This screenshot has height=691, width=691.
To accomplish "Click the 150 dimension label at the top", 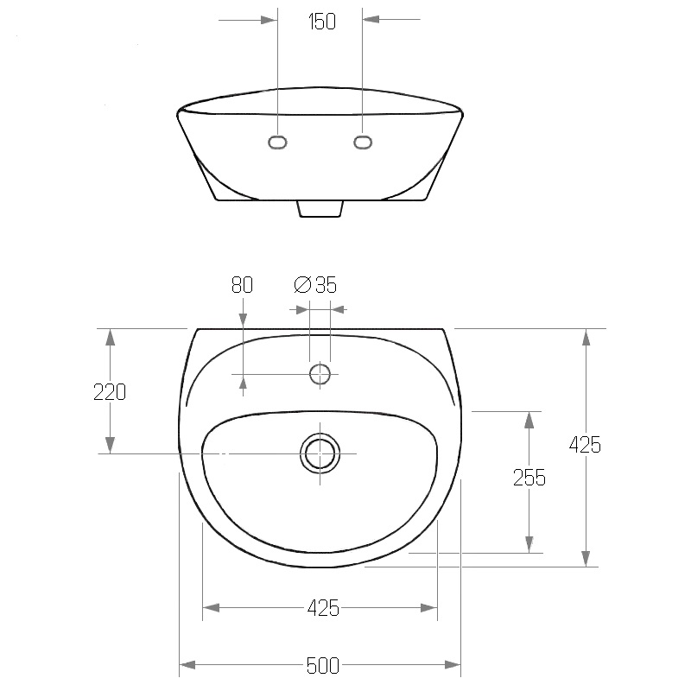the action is click(x=322, y=22).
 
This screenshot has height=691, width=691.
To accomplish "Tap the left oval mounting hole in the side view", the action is click(x=277, y=143).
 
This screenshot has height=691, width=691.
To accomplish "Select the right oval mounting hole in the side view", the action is click(x=363, y=142).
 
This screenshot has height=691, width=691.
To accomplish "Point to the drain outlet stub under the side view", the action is click(x=320, y=209).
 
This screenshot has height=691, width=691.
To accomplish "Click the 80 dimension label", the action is click(x=242, y=285).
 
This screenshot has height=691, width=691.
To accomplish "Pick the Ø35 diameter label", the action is click(x=315, y=285).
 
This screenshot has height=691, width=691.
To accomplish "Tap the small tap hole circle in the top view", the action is click(x=320, y=374).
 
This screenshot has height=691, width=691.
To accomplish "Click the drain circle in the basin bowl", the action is click(x=320, y=453).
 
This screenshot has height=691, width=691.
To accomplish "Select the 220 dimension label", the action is click(x=110, y=392).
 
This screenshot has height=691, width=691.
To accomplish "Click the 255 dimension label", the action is click(x=529, y=478).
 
